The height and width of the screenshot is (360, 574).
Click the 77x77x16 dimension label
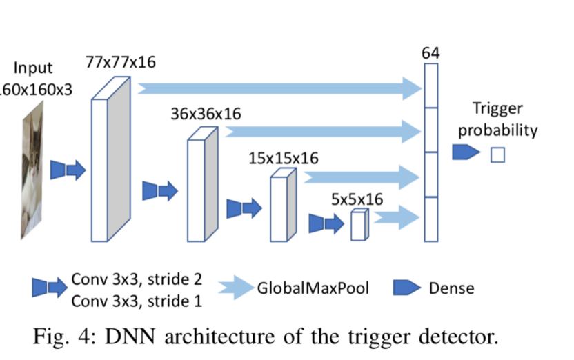click(121, 63)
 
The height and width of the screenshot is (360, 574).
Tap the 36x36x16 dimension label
click(206, 114)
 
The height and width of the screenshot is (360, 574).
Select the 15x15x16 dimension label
click(284, 158)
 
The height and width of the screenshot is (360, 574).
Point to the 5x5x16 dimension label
click(357, 199)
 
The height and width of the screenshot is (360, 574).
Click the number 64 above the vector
click(430, 53)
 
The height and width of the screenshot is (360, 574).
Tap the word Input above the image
click(33, 69)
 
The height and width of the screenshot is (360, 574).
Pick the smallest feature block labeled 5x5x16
click(359, 226)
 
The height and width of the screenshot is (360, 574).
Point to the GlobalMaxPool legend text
click(313, 288)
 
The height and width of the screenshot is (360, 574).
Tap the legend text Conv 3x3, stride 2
click(137, 279)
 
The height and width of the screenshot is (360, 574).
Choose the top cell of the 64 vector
click(431, 86)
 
